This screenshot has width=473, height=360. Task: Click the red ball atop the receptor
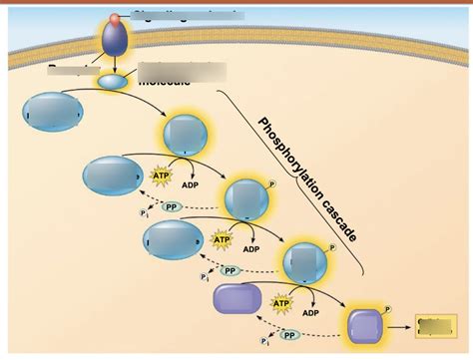(118, 18)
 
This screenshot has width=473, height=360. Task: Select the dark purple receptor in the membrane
(113, 40)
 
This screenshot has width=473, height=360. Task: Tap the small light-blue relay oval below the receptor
(112, 81)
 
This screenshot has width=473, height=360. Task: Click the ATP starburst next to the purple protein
(282, 303)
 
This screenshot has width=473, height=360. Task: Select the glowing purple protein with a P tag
(364, 326)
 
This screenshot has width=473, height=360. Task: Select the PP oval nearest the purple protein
(288, 336)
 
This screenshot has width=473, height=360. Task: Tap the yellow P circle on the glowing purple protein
(387, 309)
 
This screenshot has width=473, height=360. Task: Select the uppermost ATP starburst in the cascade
(161, 177)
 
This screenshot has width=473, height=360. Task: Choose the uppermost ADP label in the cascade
(190, 184)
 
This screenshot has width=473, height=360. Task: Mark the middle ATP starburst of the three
(222, 240)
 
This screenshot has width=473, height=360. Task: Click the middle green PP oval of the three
(230, 270)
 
